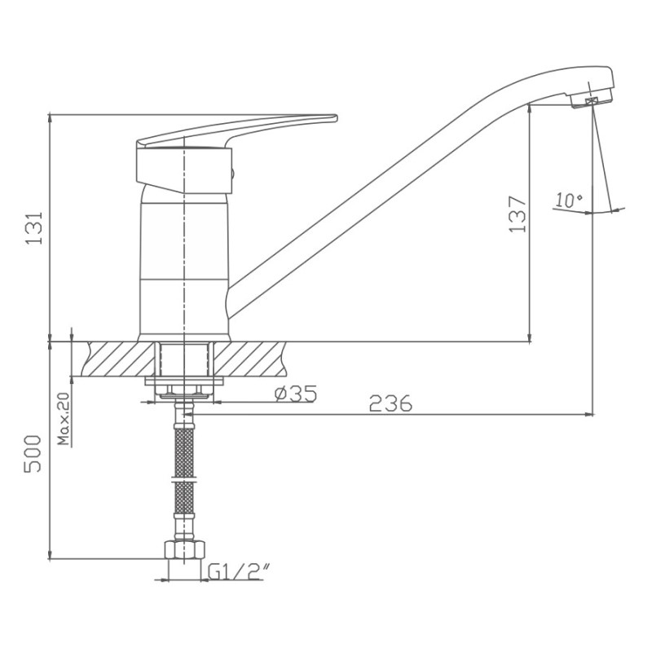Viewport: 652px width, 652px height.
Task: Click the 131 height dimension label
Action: pos(34,228)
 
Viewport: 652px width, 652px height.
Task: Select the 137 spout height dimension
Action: pos(518,214)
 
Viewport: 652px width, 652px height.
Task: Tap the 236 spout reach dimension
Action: pos(390,403)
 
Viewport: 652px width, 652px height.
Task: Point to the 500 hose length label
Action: pos(33,454)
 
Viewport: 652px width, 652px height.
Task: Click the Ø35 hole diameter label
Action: pos(296,394)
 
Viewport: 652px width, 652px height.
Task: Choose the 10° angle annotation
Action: pos(568,200)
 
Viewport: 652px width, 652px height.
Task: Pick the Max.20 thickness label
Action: pos(64,419)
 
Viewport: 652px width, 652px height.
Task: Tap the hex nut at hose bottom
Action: pos(185,549)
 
